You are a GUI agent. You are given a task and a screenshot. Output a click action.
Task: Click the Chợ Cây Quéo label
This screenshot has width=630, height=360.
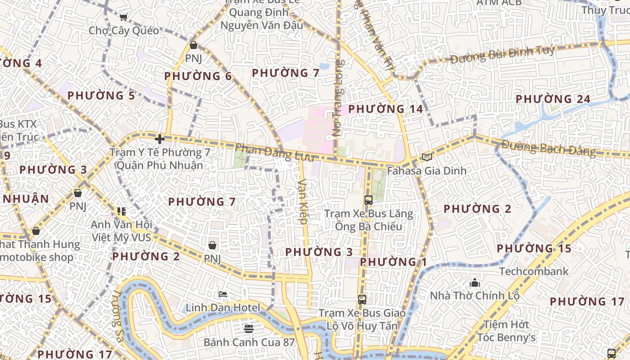tap(124, 31)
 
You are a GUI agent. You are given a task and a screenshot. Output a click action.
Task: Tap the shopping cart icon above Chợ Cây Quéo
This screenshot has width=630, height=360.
tap(123, 17)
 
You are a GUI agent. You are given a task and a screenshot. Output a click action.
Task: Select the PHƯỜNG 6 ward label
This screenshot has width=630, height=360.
tap(198, 76)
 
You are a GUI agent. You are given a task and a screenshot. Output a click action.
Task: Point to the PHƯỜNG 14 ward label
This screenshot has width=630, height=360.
tap(386, 109)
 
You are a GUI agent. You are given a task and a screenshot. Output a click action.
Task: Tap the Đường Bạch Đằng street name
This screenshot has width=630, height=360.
tap(549, 148)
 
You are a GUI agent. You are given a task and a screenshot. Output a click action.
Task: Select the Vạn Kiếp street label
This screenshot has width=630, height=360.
tap(302, 201)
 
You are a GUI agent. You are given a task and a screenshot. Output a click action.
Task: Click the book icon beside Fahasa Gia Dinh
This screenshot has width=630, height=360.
tap(427, 157)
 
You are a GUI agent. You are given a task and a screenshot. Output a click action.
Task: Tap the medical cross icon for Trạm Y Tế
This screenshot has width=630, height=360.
tap(159, 139)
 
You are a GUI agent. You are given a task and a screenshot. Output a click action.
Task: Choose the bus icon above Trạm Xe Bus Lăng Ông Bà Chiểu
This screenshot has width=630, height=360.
tap(368, 200)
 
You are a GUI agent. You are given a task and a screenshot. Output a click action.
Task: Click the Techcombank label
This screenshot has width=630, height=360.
tap(534, 271)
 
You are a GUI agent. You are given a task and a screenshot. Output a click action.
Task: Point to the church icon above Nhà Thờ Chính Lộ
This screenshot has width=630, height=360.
tap(475, 283)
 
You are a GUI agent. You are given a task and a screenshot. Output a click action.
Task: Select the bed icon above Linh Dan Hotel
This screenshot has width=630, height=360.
tap(223, 295)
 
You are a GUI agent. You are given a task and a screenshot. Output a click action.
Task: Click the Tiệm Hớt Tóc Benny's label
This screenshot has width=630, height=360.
tap(506, 331)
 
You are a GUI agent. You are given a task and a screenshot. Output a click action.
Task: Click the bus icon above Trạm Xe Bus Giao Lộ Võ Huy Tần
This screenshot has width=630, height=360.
tap(362, 299)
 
